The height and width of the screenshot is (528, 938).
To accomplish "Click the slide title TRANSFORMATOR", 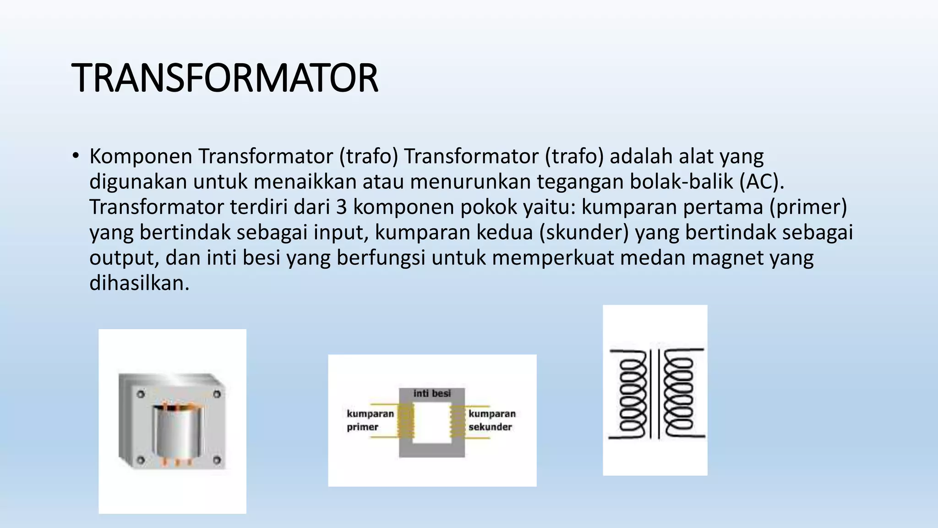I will (224, 78).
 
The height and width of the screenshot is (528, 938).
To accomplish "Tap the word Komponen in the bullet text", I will (141, 157).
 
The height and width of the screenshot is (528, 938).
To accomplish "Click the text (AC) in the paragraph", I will (762, 182).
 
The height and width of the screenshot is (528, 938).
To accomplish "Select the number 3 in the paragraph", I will (341, 207).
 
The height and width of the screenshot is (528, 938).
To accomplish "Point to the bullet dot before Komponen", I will (76, 156).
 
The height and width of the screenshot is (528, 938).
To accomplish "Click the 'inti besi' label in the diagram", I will (432, 393).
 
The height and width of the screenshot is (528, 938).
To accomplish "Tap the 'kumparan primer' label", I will (370, 420).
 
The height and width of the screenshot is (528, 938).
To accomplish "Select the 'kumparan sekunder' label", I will (491, 420).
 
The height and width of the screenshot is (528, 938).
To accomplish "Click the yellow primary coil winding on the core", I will (406, 422).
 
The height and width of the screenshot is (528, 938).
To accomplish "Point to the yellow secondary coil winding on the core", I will (458, 422).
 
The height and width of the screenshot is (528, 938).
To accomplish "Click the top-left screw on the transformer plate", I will (141, 394).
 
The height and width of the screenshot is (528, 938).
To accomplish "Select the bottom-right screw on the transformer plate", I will (217, 460).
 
